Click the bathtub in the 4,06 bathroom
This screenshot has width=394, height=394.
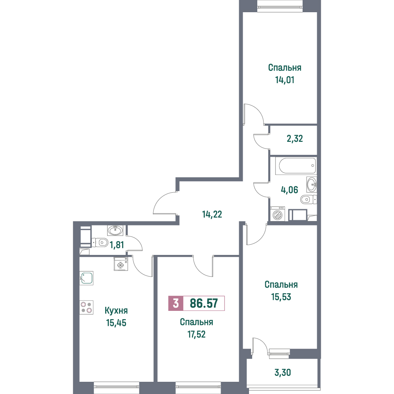(295, 165)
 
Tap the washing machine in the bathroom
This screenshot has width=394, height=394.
(277, 214)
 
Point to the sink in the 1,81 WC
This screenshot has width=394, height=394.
(115, 230)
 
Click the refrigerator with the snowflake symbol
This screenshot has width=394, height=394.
(121, 264)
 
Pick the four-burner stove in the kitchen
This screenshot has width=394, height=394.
(86, 307)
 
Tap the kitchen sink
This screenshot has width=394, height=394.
(86, 278)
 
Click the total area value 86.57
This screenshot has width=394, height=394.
(204, 303)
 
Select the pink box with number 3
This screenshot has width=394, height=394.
(176, 303)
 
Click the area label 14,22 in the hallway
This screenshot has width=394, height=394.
(212, 214)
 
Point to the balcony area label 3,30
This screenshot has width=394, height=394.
(282, 372)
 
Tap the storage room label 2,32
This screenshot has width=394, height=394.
(295, 138)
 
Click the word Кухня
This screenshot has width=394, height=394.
(116, 310)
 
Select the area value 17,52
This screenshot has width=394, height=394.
(197, 334)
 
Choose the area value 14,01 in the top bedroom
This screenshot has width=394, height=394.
(285, 80)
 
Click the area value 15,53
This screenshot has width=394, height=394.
(281, 297)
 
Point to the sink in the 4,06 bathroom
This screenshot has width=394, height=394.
(312, 184)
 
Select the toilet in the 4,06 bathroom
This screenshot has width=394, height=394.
(309, 199)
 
